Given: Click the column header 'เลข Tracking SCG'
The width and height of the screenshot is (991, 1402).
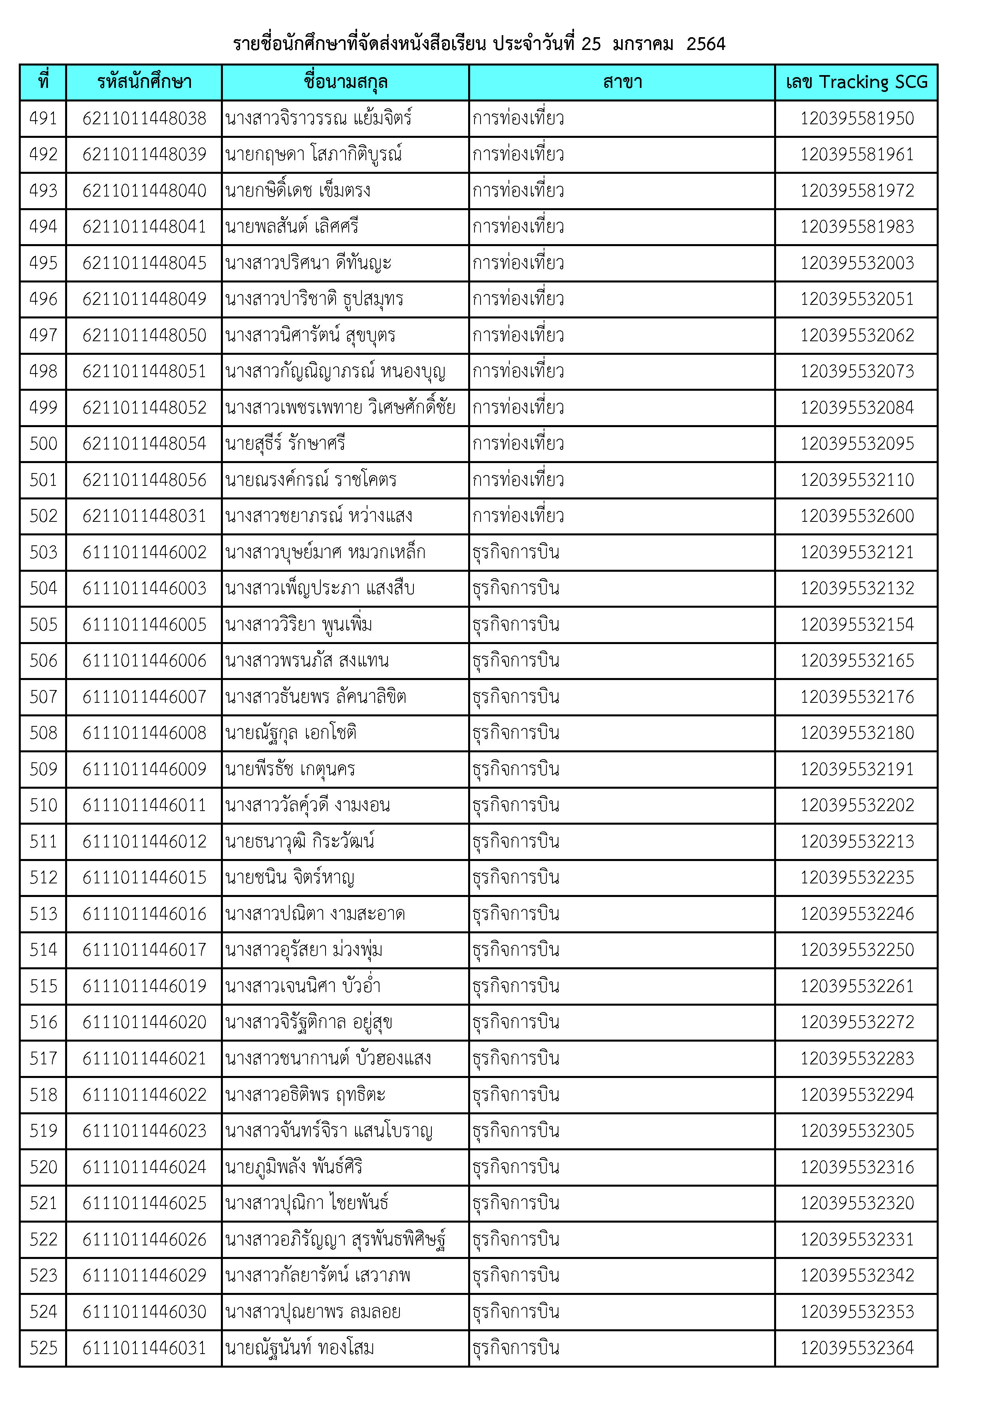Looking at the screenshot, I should coord(856,82).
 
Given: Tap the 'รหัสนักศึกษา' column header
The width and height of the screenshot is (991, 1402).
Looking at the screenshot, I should coord(144,82).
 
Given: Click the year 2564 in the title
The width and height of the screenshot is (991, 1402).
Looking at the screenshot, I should coord(705,44).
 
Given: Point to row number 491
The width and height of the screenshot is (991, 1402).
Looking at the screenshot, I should coord(44,118).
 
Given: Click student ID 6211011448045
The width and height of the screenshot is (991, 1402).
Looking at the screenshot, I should coord(144,263).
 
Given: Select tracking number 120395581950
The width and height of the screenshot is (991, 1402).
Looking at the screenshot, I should coord(857,118).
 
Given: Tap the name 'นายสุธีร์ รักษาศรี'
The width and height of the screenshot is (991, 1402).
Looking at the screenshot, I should coord(285,443).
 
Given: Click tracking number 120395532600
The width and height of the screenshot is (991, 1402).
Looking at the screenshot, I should coord(857,516).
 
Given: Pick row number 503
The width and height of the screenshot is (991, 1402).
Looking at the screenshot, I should coord(44,552).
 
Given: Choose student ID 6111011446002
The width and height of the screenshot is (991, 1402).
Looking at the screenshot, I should coord(144,552).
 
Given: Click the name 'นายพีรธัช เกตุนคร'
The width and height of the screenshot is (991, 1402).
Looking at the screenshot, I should coord(290,769).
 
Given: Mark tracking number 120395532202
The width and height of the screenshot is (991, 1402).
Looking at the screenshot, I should coord(857,805).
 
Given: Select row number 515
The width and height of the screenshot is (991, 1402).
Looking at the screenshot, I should coord(44,986).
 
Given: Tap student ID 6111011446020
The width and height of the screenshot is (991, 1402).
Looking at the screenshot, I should coord(144,1022).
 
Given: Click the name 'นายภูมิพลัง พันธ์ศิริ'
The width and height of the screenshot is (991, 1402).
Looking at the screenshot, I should coord(294,1167).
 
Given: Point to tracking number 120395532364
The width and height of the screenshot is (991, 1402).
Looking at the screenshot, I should coord(857,1348).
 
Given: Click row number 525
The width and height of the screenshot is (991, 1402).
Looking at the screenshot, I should coord(44,1348).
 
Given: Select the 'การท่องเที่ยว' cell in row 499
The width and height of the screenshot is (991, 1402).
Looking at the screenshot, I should coord(518,407).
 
